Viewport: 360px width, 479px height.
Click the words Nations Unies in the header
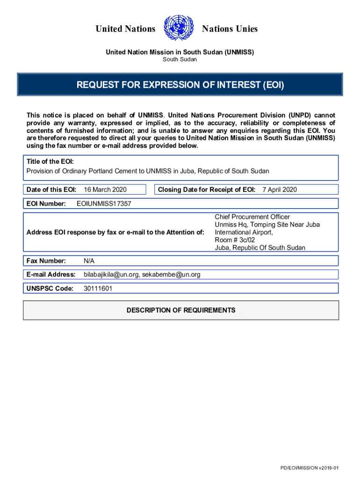(x=230, y=29)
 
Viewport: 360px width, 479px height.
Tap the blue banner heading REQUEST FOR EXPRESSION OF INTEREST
(x=180, y=85)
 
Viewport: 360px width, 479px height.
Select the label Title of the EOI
(x=50, y=161)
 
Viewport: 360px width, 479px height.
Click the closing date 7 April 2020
(x=280, y=189)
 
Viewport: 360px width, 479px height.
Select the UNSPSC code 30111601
(x=98, y=289)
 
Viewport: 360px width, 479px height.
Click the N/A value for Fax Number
(x=89, y=260)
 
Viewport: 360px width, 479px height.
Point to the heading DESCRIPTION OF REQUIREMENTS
(x=181, y=310)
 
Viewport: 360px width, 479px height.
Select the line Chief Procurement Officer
(x=252, y=217)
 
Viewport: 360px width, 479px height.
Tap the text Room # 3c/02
(x=235, y=240)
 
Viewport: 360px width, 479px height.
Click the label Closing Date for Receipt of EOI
(x=207, y=189)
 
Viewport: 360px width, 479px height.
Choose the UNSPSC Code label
(x=50, y=289)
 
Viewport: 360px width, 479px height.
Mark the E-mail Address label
(x=51, y=274)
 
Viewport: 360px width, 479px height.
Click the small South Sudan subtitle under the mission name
(x=180, y=59)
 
